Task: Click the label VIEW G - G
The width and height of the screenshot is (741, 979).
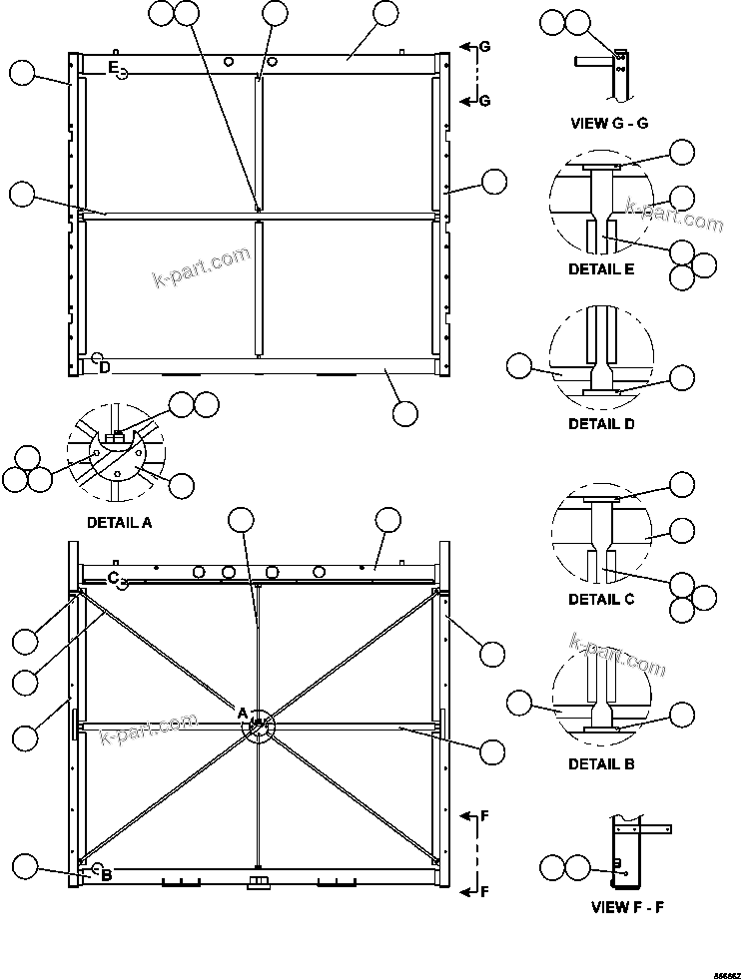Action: (x=609, y=123)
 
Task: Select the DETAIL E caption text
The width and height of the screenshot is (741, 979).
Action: (x=601, y=269)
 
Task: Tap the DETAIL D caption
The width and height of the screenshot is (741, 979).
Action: (x=601, y=423)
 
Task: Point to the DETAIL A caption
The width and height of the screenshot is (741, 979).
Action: (x=120, y=522)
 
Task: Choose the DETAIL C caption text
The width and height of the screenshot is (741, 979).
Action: (x=601, y=600)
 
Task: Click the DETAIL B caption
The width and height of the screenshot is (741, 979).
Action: (x=601, y=764)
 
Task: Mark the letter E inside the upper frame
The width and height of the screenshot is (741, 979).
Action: (x=114, y=68)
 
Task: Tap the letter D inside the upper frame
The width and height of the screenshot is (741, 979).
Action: (x=104, y=367)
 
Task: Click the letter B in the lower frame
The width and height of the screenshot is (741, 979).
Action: (x=106, y=875)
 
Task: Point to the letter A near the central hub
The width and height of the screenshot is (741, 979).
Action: (x=241, y=712)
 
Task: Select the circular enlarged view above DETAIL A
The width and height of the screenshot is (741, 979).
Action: (x=119, y=455)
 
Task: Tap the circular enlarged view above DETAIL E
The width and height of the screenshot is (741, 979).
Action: (x=601, y=207)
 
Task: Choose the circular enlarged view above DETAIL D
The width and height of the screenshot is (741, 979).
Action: (x=601, y=360)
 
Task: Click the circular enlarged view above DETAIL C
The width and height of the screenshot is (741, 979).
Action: (x=601, y=537)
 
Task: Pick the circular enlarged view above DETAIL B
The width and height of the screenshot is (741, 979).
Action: (x=601, y=702)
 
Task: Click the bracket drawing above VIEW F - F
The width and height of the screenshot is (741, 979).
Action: (x=628, y=849)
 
